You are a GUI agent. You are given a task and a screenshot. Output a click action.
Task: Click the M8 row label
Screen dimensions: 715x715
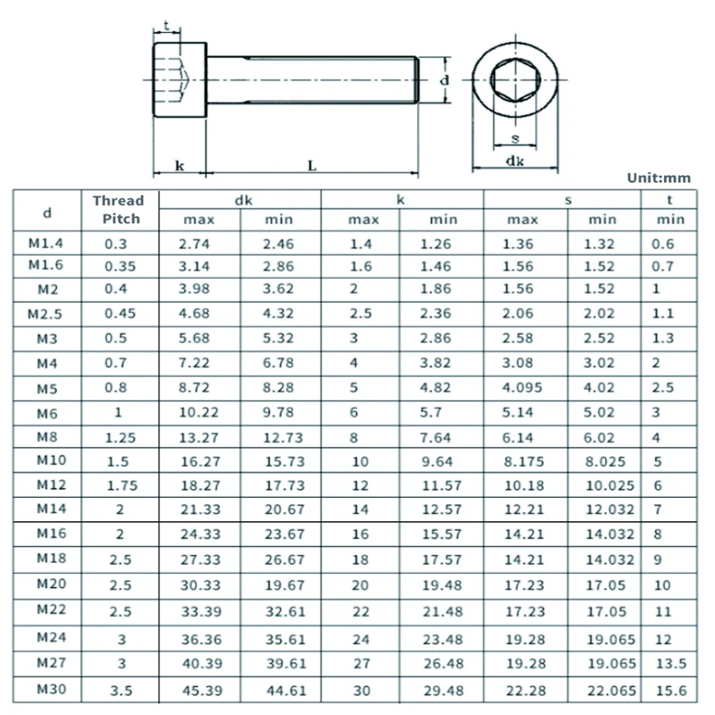click(47, 437)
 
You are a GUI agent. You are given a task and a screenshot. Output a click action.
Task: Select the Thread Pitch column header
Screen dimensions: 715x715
click(119, 210)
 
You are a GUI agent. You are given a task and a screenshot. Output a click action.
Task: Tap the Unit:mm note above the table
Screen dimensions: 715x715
click(659, 178)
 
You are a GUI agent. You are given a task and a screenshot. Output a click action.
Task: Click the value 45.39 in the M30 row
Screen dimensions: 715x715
click(203, 690)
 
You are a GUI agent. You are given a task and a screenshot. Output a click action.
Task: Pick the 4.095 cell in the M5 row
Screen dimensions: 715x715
click(522, 388)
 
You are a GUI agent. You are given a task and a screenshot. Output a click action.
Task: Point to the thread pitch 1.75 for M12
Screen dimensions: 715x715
click(122, 485)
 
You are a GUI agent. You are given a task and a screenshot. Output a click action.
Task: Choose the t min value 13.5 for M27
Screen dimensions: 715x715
click(671, 663)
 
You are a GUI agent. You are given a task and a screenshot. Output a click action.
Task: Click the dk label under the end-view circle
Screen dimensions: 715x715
click(515, 161)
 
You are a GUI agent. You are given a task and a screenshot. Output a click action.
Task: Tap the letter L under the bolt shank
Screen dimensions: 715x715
click(312, 165)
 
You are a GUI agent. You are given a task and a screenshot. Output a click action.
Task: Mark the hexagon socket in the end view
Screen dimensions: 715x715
click(516, 80)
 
